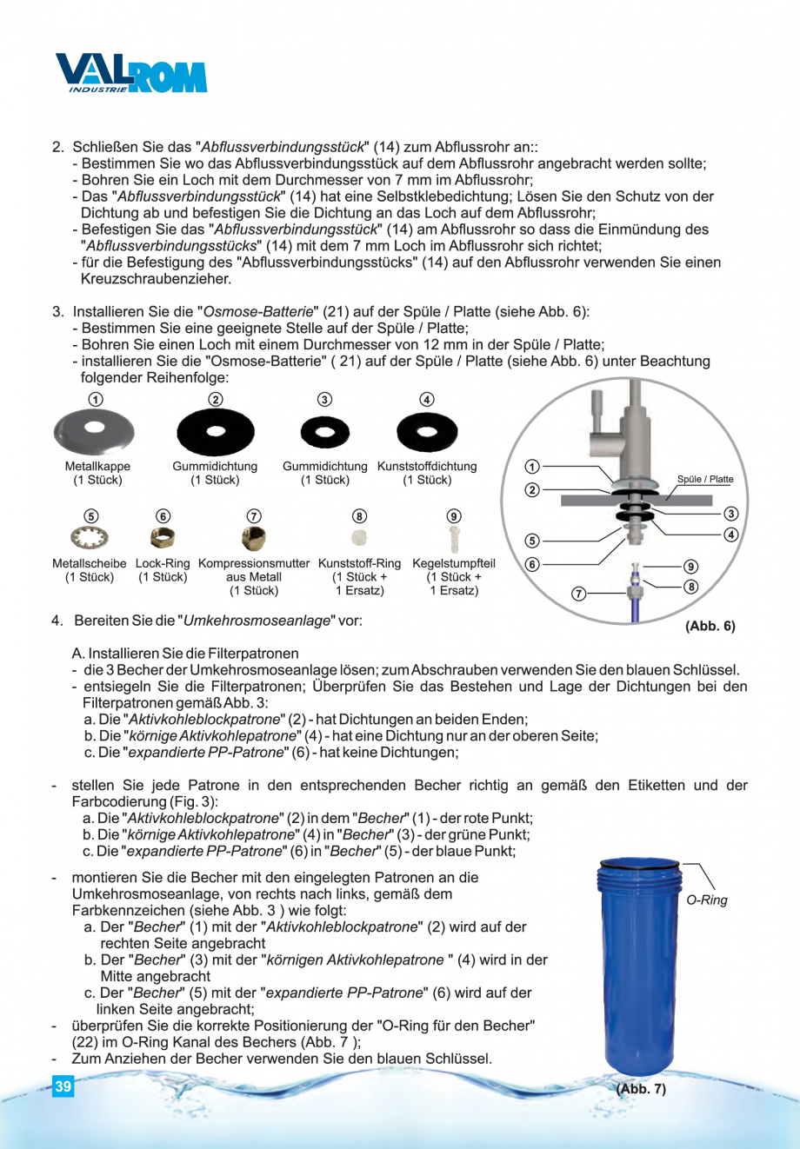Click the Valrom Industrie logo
click(130, 74)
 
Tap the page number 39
click(63, 1086)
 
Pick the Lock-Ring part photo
click(163, 539)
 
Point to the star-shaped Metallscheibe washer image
click(90, 539)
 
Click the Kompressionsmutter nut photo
click(253, 539)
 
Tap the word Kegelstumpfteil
click(453, 563)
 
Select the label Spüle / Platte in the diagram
click(704, 479)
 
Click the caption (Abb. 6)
click(710, 626)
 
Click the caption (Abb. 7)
click(641, 1088)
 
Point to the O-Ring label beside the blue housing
click(706, 900)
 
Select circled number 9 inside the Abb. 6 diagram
click(690, 567)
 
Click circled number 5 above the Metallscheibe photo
click(90, 516)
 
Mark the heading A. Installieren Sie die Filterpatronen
click(185, 653)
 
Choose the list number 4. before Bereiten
click(57, 621)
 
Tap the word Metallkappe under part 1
click(97, 467)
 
